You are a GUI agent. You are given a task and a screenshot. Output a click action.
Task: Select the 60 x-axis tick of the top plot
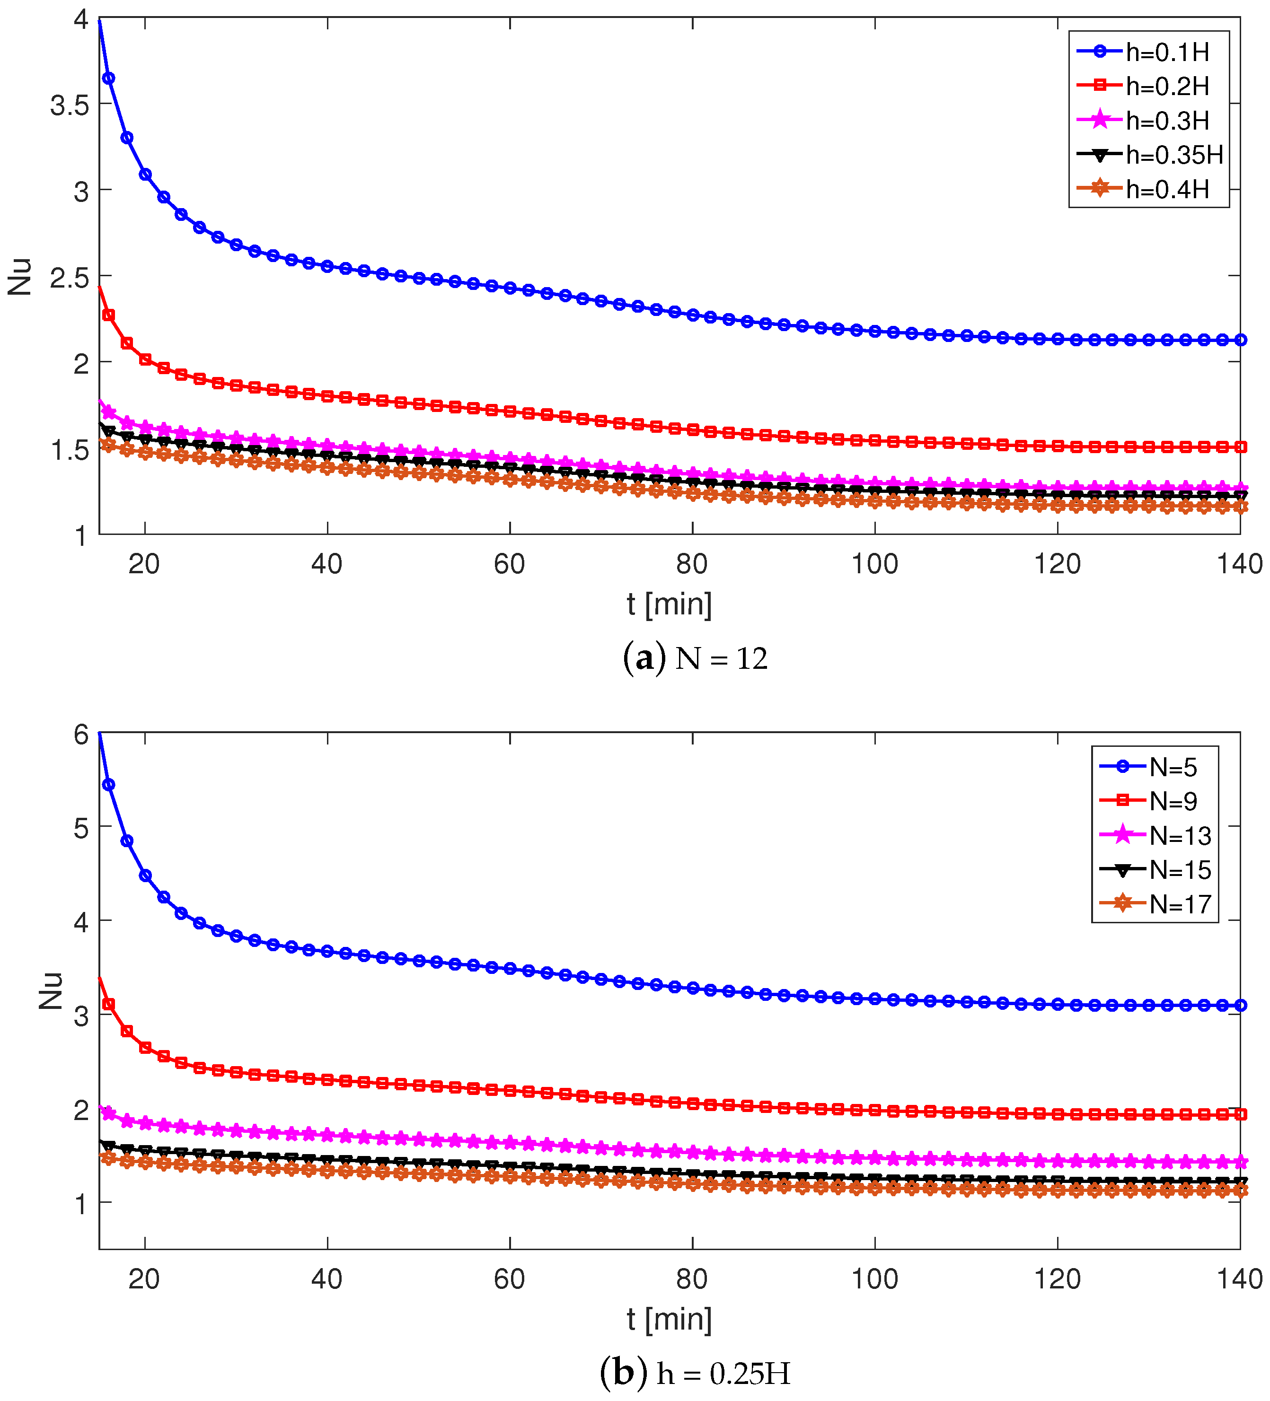pyautogui.click(x=510, y=564)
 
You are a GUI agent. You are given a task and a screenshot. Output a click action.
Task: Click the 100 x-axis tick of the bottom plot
pyautogui.click(x=874, y=1279)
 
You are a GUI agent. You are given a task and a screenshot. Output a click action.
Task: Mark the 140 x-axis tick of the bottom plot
pyautogui.click(x=1239, y=1279)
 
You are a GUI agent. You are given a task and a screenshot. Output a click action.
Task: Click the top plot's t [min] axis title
pyautogui.click(x=669, y=604)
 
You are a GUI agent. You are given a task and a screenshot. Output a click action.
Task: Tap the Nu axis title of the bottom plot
pyautogui.click(x=51, y=991)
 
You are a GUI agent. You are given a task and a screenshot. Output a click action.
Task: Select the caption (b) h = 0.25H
pyautogui.click(x=695, y=1373)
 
